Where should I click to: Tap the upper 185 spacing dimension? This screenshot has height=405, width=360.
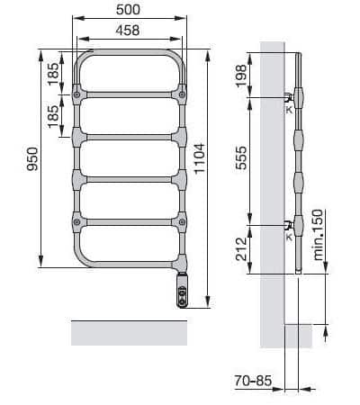(54, 73)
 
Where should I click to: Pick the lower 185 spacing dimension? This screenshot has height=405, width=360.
(54, 113)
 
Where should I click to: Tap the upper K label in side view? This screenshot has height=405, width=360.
(289, 109)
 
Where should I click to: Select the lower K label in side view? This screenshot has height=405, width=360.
(289, 237)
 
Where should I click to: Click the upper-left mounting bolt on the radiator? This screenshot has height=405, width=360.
(79, 94)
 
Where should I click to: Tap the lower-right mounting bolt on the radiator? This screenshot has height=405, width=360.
(184, 220)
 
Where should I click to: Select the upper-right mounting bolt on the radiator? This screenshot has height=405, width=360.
(184, 94)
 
